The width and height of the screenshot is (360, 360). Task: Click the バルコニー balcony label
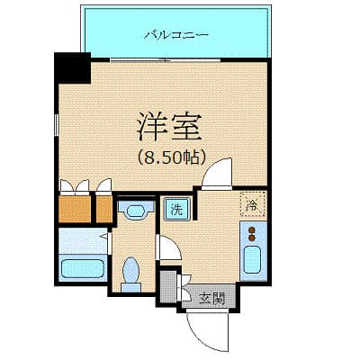(176, 35)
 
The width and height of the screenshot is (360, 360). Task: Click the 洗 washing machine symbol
(175, 210)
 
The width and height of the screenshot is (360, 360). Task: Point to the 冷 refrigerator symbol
(253, 205)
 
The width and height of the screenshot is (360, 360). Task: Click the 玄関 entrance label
(212, 298)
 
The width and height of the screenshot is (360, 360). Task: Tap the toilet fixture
(131, 271)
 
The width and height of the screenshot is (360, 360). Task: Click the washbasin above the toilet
(135, 212)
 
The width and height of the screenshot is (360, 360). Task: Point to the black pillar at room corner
(73, 67)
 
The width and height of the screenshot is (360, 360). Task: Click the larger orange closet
(76, 209)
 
